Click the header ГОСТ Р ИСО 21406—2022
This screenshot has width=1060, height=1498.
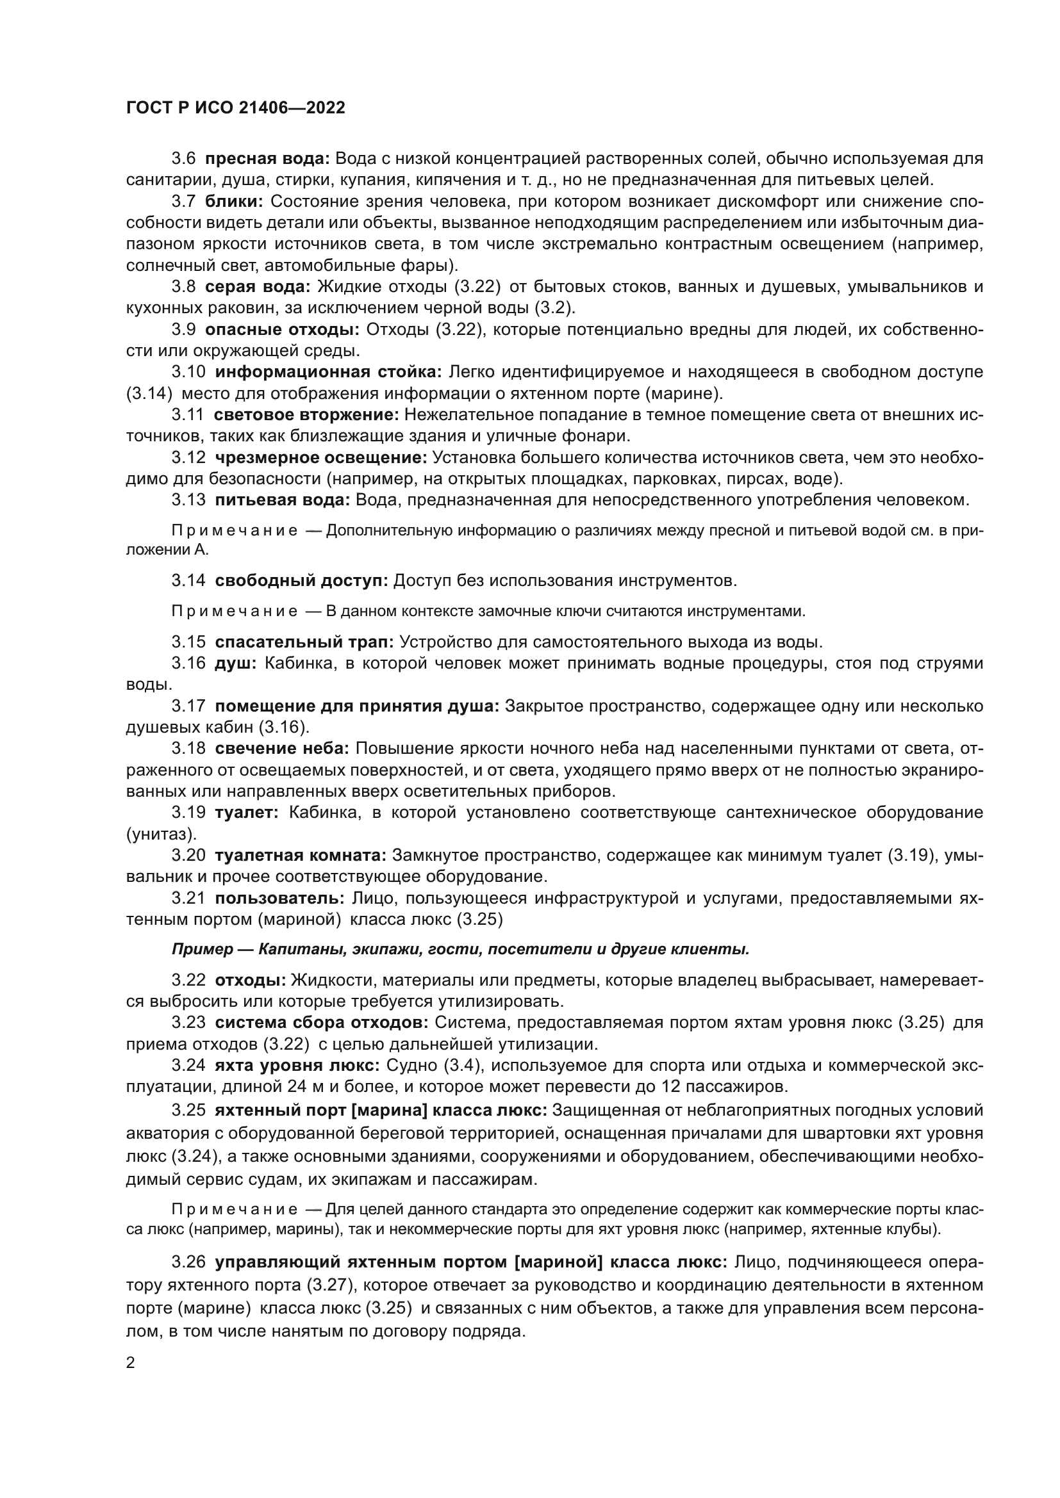click(236, 108)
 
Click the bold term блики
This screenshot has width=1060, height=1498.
click(233, 202)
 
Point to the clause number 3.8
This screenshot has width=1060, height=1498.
click(183, 286)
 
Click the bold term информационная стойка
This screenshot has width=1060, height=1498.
click(328, 372)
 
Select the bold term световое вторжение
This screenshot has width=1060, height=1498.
click(306, 414)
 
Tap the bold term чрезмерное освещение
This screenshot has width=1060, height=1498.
click(321, 457)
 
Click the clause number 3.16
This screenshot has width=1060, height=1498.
click(188, 664)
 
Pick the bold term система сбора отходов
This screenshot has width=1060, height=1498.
click(321, 1022)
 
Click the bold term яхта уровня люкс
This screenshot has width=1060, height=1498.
click(297, 1066)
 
